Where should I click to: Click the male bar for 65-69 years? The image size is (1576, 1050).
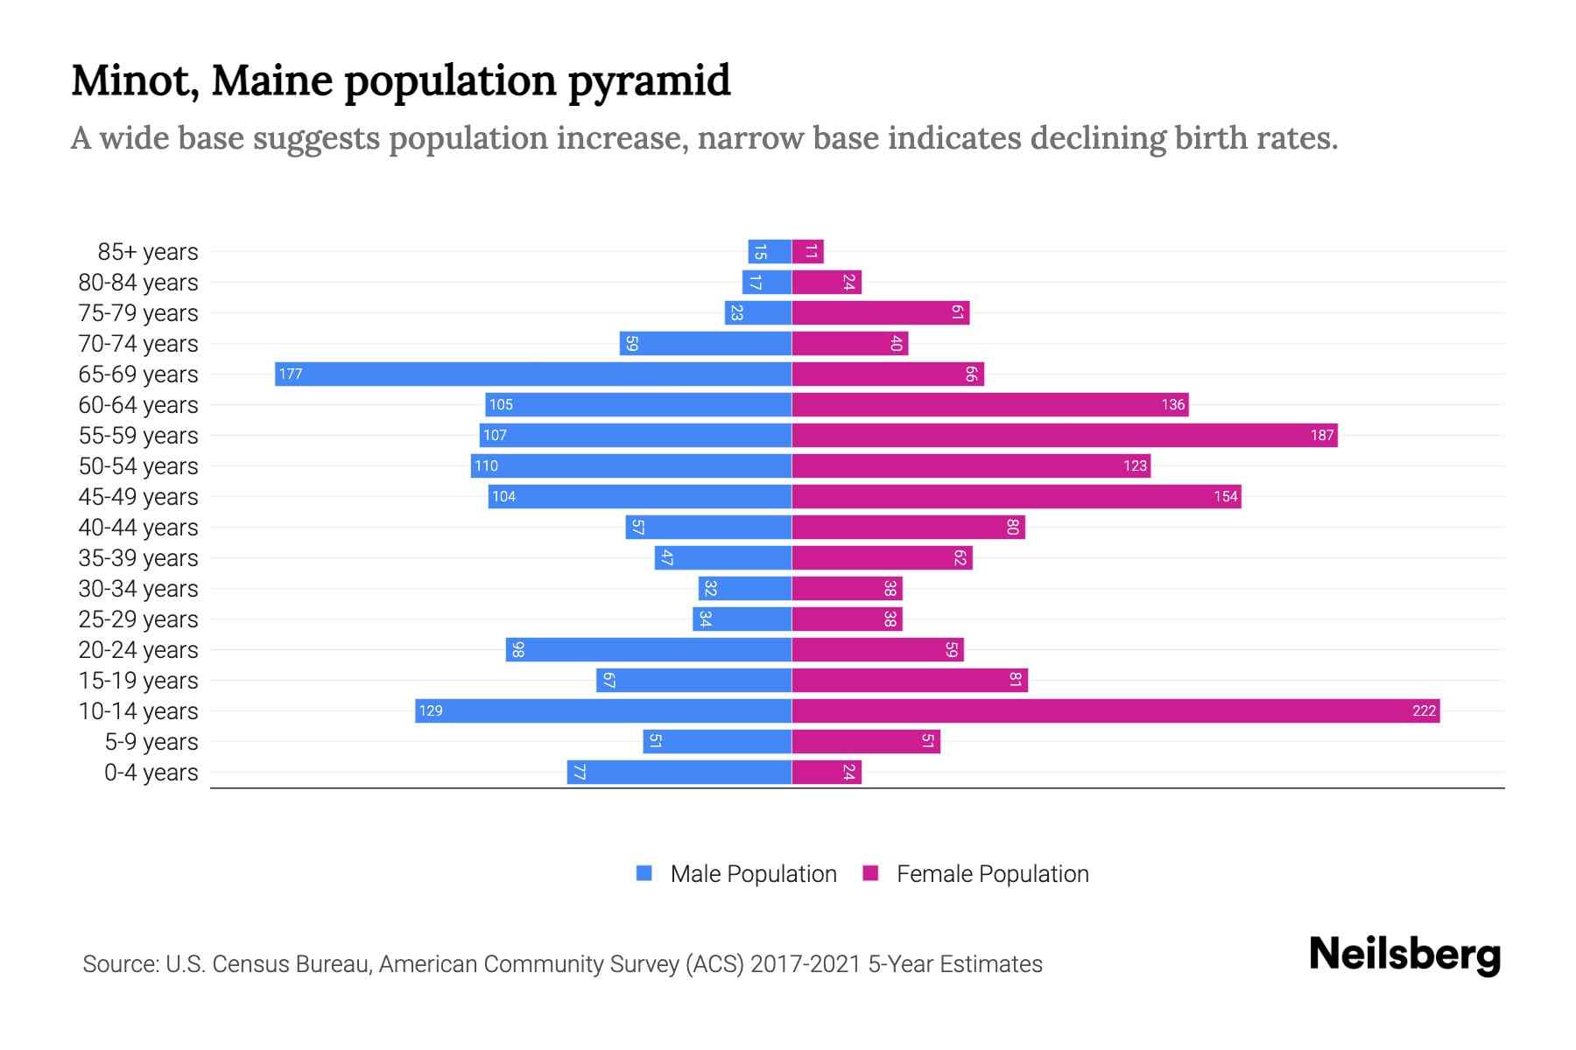click(534, 374)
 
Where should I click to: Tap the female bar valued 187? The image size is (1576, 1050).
click(1064, 436)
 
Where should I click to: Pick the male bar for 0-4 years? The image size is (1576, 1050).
click(679, 773)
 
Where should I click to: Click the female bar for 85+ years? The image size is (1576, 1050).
click(807, 252)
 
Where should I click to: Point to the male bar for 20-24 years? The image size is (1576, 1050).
click(648, 650)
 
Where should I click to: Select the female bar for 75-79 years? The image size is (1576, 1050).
click(880, 313)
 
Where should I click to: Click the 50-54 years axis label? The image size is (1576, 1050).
click(138, 466)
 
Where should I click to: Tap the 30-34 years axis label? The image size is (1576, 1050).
click(138, 589)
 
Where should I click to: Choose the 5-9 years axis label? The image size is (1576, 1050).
click(151, 742)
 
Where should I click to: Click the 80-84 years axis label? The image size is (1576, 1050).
click(138, 283)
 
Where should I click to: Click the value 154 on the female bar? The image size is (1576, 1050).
click(1225, 497)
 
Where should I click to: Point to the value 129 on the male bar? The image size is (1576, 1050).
click(431, 711)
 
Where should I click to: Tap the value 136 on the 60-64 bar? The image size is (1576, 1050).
click(1172, 405)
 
